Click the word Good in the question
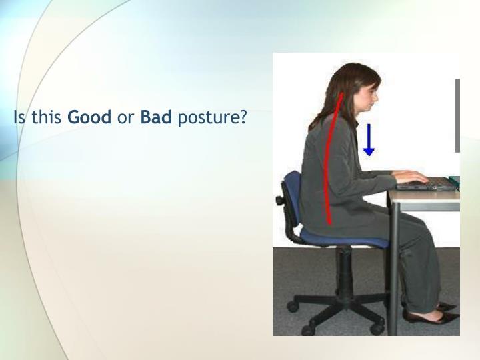(x=90, y=119)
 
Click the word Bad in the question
(x=156, y=119)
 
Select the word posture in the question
(x=212, y=119)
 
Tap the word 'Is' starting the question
(x=19, y=119)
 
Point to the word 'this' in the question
(x=46, y=119)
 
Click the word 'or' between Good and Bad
(x=125, y=119)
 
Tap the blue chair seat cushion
(x=340, y=237)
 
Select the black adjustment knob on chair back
(x=279, y=199)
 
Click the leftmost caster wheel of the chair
(x=292, y=307)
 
